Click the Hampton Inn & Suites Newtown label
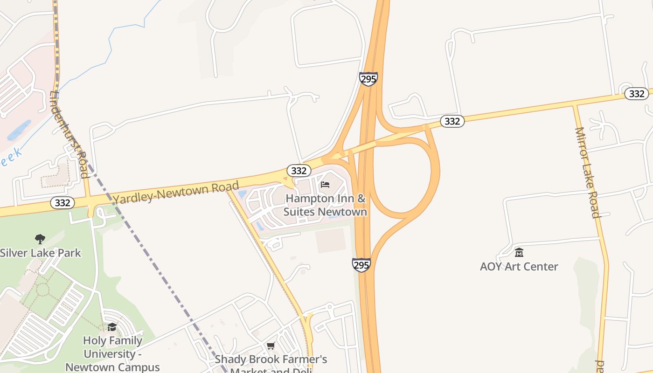(326, 205)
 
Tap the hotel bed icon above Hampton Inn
(325, 185)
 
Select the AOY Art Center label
(519, 267)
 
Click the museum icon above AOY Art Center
(519, 253)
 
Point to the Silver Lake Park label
(40, 253)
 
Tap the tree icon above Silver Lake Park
(40, 239)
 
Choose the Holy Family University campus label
(112, 353)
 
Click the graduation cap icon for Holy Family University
(112, 326)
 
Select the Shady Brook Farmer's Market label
(271, 360)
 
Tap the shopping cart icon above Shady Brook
(271, 346)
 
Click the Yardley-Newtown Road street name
(176, 192)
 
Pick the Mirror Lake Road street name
(587, 173)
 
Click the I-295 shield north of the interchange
(368, 79)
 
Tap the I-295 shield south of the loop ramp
(361, 265)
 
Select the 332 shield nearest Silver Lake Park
(62, 203)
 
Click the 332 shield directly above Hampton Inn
(299, 171)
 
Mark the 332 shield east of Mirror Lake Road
(636, 94)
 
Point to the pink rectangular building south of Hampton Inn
(331, 241)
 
